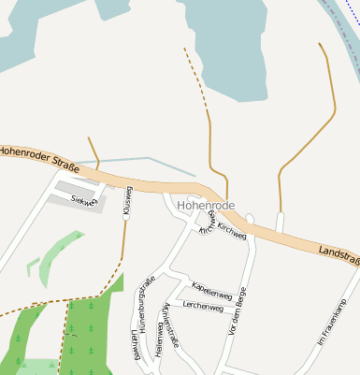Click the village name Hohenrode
tap(205, 205)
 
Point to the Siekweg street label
tap(83, 200)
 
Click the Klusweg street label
tap(128, 201)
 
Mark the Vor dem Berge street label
tap(237, 311)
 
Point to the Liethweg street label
tap(136, 344)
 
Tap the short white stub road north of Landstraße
tap(280, 223)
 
